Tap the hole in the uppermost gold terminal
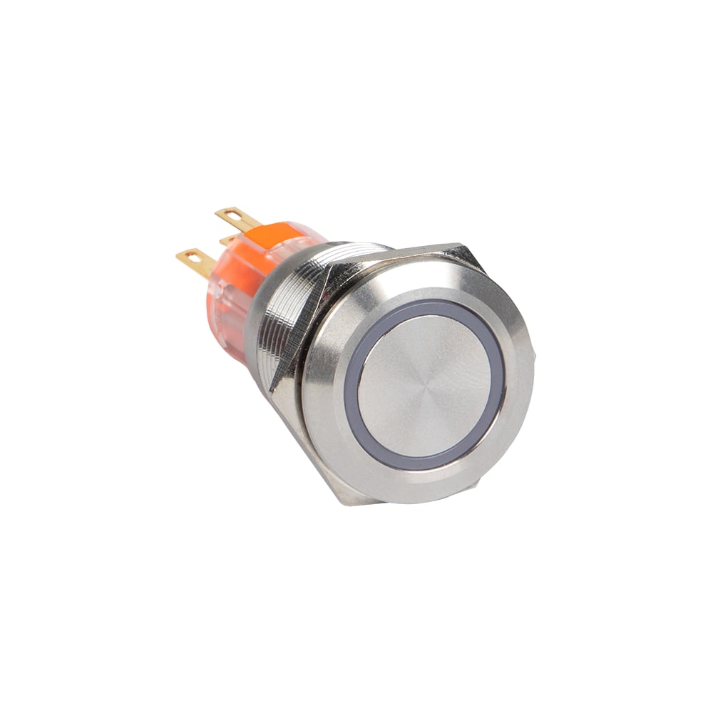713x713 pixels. pyautogui.click(x=227, y=214)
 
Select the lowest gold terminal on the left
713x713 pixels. pyautogui.click(x=194, y=260)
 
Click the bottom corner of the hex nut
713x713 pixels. pyautogui.click(x=349, y=499)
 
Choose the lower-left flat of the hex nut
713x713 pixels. pyautogui.click(x=314, y=456)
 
